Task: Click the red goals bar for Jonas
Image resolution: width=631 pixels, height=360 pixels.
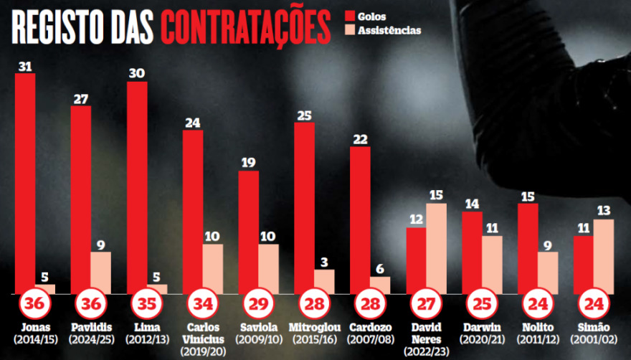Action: click(x=25, y=183)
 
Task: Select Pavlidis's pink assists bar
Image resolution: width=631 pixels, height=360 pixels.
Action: click(x=101, y=273)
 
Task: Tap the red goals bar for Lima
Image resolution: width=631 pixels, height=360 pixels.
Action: click(x=137, y=187)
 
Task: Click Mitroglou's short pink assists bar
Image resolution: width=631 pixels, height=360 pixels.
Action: click(x=325, y=282)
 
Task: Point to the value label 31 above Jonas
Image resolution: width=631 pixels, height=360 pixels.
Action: click(x=25, y=66)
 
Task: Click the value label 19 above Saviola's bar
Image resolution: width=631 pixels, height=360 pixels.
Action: click(x=248, y=163)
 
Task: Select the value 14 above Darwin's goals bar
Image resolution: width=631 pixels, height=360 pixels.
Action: click(x=472, y=203)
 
